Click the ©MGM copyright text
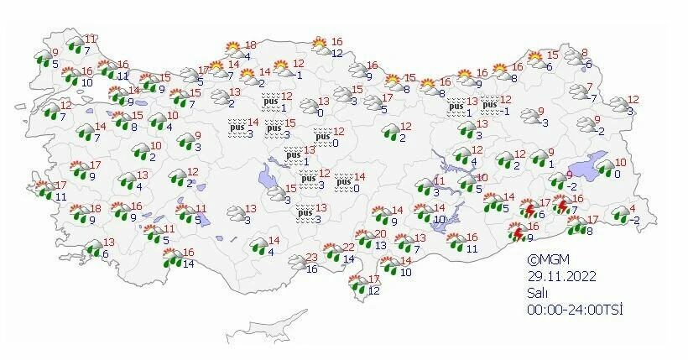click(545, 260)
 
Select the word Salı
click(538, 293)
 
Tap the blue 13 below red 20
click(380, 245)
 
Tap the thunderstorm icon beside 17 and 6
click(526, 208)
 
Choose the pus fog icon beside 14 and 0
click(342, 182)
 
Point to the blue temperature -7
click(593, 98)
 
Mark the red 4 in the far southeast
click(633, 209)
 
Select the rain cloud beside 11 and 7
click(76, 45)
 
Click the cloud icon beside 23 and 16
click(295, 263)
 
